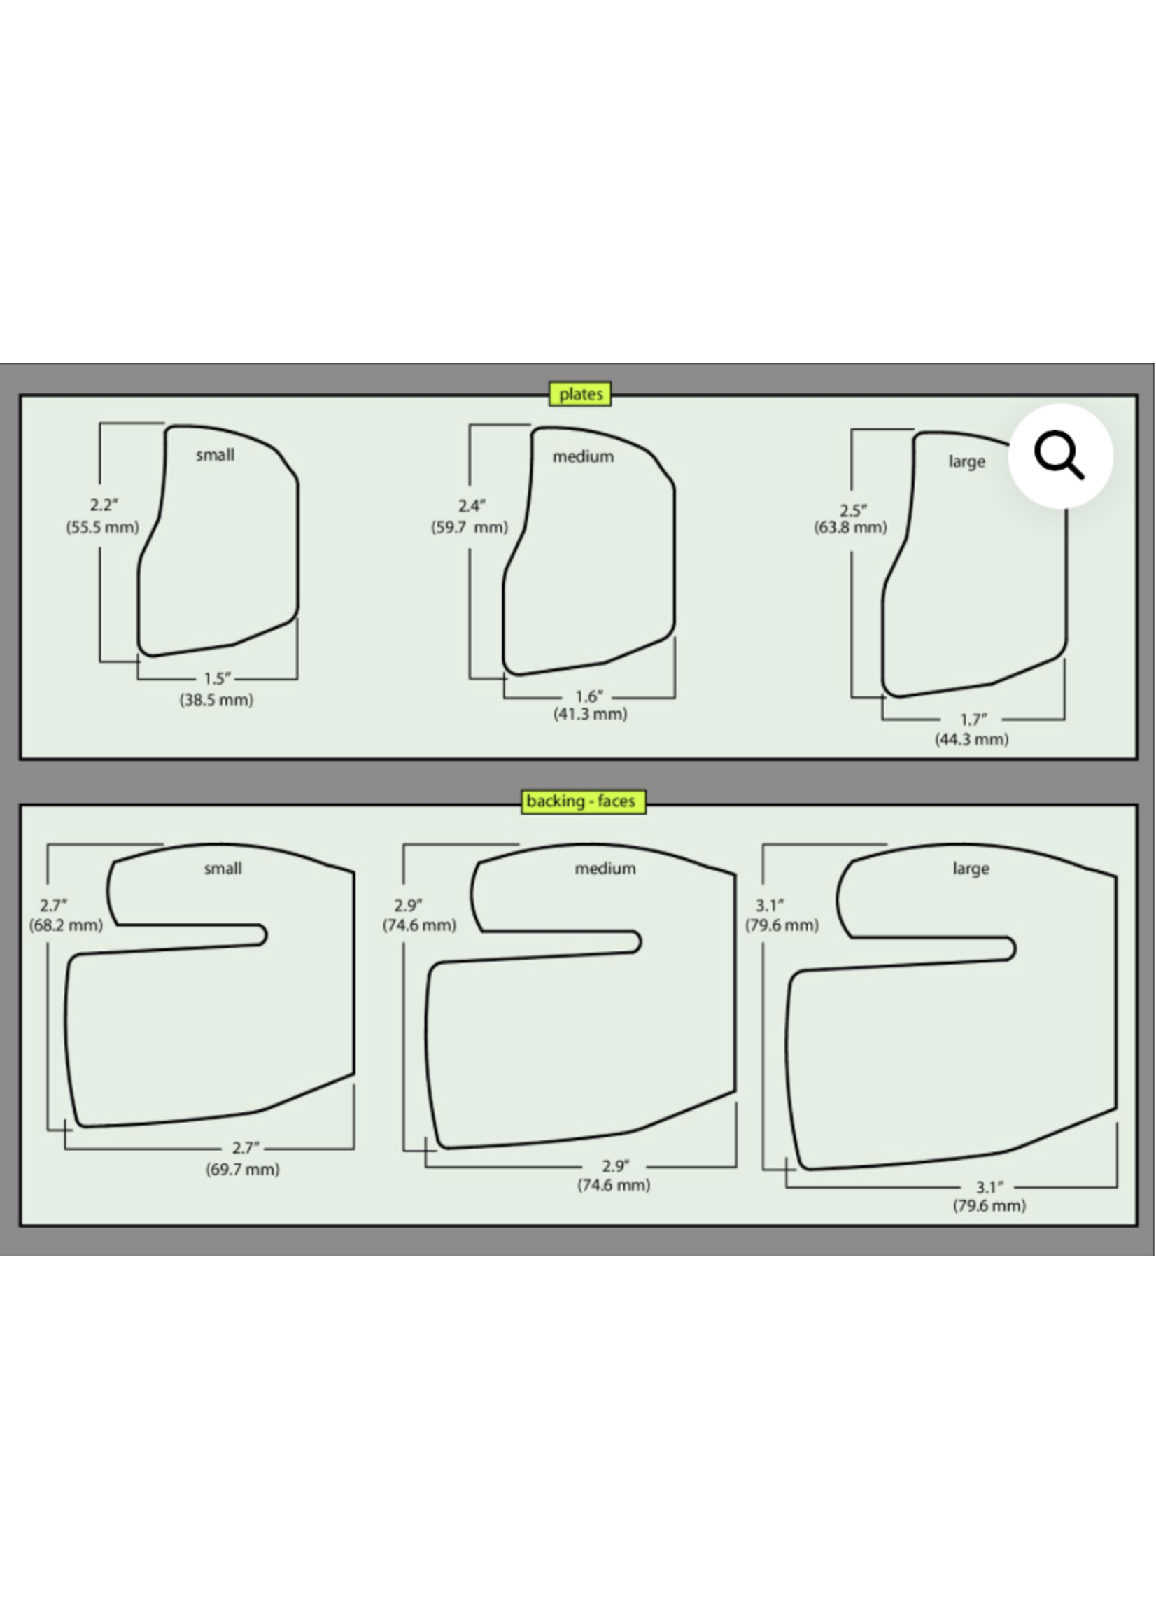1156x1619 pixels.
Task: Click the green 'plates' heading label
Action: point(580,393)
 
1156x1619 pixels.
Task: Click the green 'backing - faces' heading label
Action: point(582,801)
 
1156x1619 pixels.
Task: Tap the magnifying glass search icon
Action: point(1060,456)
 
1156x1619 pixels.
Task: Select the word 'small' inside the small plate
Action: point(215,455)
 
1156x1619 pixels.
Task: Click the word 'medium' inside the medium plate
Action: point(583,457)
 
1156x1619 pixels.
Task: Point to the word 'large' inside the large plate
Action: point(966,462)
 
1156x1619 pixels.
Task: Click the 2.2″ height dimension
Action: point(104,505)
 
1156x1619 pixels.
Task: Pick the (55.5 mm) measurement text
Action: point(102,528)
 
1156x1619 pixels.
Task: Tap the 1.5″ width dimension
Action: point(217,678)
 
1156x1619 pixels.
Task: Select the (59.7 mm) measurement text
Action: point(469,528)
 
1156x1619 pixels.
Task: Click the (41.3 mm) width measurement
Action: point(590,714)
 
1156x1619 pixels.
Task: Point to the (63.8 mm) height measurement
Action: point(851,528)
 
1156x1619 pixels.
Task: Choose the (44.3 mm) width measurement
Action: point(972,739)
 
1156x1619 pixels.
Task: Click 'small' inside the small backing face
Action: point(223,869)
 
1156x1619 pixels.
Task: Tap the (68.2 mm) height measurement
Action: point(66,925)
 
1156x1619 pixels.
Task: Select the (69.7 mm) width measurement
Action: point(243,1169)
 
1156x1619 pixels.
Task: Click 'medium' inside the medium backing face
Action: point(605,869)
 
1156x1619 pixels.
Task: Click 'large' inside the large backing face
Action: point(971,869)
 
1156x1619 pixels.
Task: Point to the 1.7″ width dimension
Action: point(973,720)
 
